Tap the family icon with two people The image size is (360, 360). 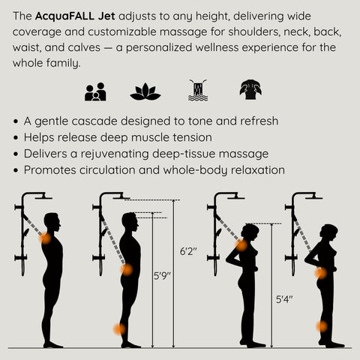point(95,91)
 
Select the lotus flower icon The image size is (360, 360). point(145,91)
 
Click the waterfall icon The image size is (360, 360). point(197,91)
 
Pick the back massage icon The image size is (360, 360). point(250,91)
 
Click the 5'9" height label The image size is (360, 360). point(163,275)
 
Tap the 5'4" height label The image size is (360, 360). point(283,299)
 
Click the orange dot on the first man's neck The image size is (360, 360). point(46,238)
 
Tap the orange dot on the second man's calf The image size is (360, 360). point(119,328)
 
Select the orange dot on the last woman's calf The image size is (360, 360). point(321,326)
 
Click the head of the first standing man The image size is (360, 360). point(52,222)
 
